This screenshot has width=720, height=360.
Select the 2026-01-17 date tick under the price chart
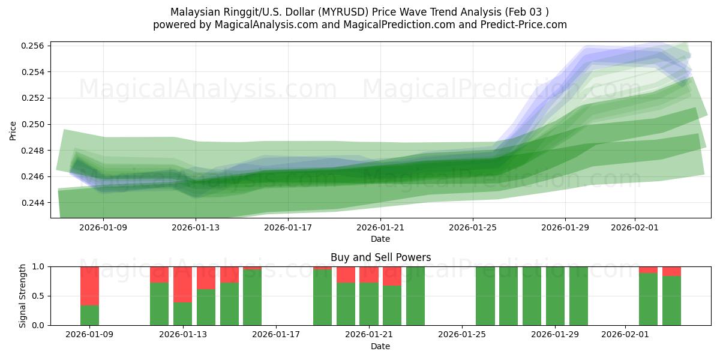click(x=288, y=227)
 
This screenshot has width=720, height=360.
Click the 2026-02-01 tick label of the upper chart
click(x=635, y=227)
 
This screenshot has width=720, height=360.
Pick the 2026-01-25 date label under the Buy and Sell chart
click(x=463, y=335)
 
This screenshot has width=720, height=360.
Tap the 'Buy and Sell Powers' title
click(x=380, y=257)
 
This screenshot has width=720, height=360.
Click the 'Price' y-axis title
click(x=13, y=130)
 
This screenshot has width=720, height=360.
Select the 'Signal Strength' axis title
click(x=23, y=296)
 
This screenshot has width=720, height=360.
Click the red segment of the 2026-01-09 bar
click(x=89, y=286)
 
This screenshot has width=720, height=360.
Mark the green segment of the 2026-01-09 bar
click(x=89, y=316)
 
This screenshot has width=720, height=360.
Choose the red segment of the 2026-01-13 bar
click(x=182, y=284)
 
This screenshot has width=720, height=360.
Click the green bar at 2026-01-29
click(x=555, y=296)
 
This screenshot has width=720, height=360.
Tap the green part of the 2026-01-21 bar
click(x=369, y=304)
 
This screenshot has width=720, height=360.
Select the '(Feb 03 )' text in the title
click(x=526, y=12)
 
